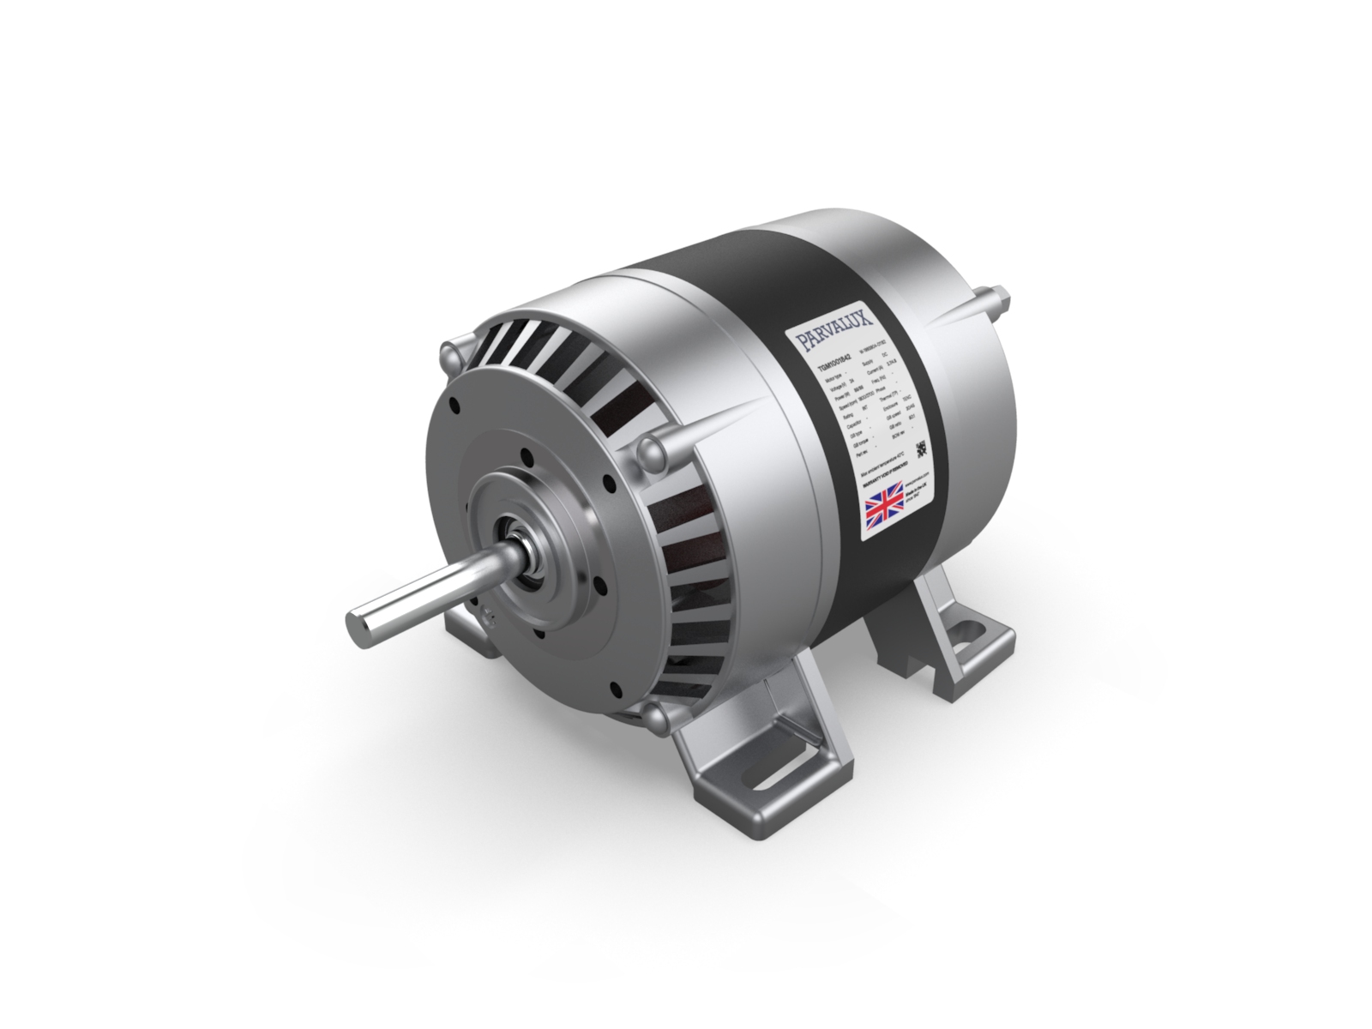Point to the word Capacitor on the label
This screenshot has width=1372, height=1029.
(854, 424)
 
